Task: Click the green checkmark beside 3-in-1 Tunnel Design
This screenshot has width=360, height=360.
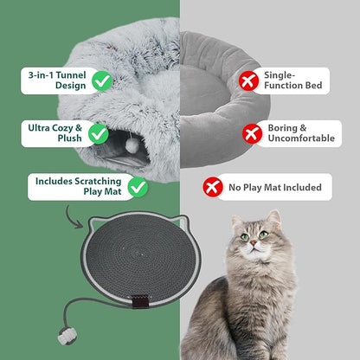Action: (101, 80)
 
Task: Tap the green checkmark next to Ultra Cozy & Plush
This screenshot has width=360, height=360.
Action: (101, 133)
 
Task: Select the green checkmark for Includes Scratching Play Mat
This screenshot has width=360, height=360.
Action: (138, 186)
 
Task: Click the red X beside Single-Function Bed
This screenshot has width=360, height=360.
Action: (249, 80)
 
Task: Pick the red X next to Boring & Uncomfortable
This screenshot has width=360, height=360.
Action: (252, 133)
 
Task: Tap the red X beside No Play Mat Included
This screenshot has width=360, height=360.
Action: (213, 187)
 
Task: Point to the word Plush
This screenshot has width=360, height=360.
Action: (56, 139)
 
